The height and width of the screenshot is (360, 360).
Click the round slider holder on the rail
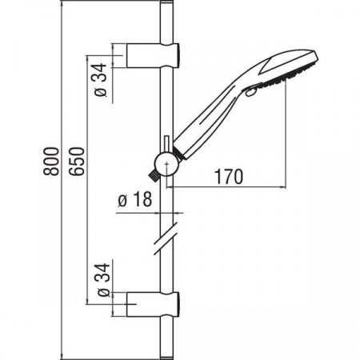tap(167, 160)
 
